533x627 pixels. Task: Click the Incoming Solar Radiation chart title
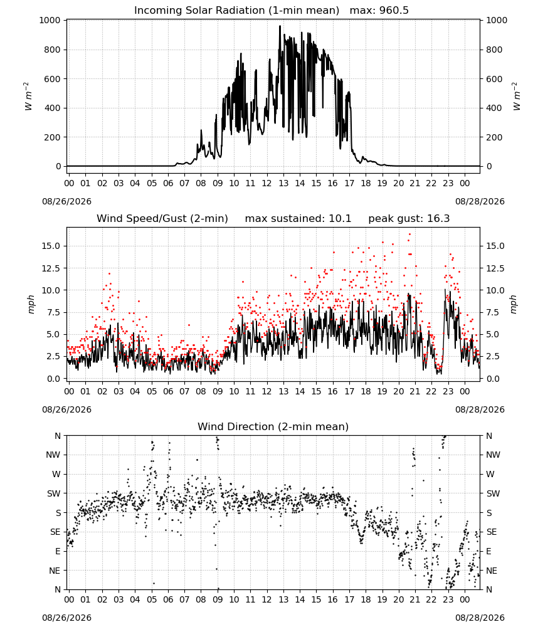click(x=236, y=11)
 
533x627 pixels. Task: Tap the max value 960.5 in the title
click(x=394, y=11)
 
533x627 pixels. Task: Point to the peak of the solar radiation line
click(x=280, y=26)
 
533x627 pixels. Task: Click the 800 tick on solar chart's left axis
click(x=53, y=50)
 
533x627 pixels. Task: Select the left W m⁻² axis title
click(x=28, y=97)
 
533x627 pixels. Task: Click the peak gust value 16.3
click(x=438, y=219)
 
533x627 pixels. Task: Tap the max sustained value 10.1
click(x=340, y=219)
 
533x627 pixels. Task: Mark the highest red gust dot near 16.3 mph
click(x=409, y=234)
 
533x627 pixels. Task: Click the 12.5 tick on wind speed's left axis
click(x=51, y=268)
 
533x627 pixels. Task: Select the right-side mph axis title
click(x=513, y=304)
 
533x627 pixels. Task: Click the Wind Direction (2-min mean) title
click(x=273, y=426)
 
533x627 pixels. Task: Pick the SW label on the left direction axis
click(x=54, y=493)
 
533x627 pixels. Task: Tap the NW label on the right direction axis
click(x=493, y=455)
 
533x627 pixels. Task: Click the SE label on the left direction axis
click(x=55, y=532)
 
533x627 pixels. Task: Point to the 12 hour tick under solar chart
click(x=266, y=183)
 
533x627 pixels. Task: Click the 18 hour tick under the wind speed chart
click(x=366, y=391)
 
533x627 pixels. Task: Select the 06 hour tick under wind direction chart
click(x=168, y=599)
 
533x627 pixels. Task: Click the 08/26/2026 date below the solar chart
click(x=66, y=201)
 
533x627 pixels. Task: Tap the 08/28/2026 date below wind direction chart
click(x=480, y=618)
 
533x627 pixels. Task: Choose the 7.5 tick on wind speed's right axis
click(x=493, y=312)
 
